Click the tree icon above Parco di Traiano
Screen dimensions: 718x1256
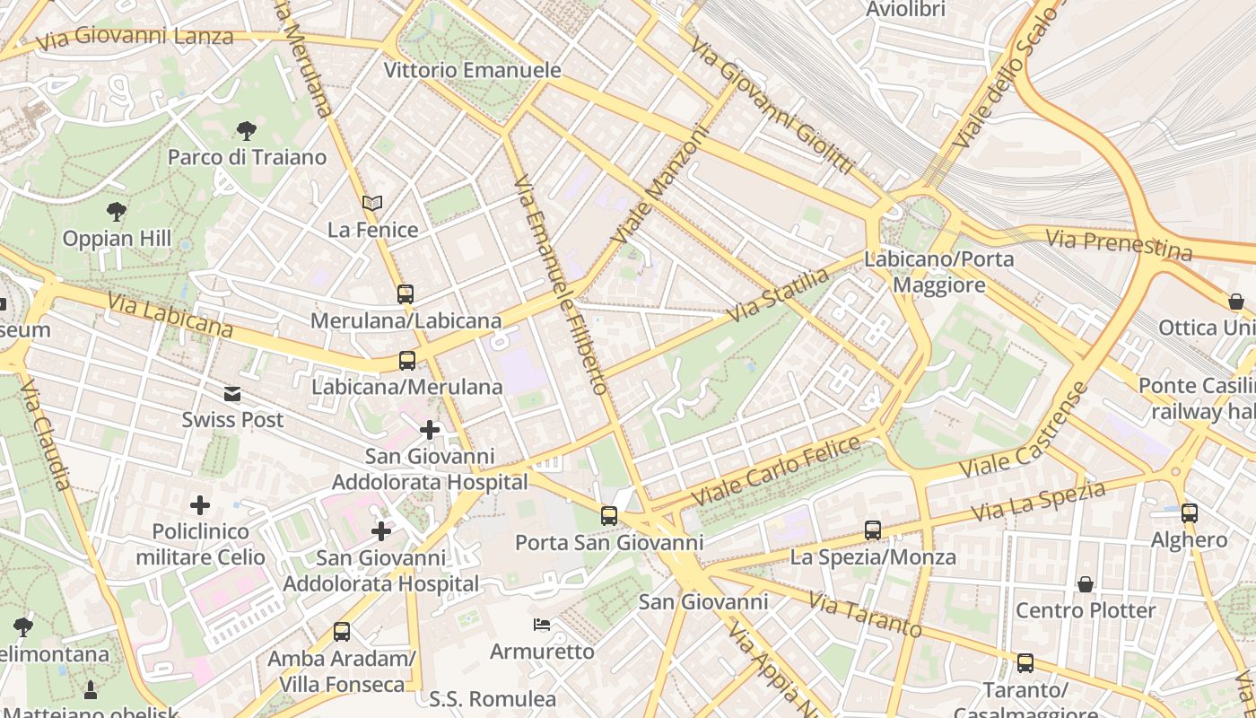(x=247, y=131)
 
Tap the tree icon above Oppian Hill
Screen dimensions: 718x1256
(x=116, y=212)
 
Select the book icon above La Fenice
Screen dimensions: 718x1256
(x=372, y=204)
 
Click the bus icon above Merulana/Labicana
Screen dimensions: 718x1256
(x=406, y=293)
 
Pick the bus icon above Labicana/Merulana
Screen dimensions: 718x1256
(x=407, y=361)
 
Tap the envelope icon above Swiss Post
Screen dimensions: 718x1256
(x=232, y=393)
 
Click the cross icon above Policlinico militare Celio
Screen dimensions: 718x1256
(x=200, y=505)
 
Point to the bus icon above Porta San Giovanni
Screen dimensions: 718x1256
(x=609, y=515)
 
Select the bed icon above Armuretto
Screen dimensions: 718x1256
(x=542, y=625)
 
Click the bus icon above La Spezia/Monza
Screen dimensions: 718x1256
(x=873, y=530)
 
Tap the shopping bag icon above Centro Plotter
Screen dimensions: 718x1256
(x=1086, y=584)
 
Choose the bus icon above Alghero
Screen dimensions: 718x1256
(x=1190, y=513)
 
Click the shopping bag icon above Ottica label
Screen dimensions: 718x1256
(x=1236, y=302)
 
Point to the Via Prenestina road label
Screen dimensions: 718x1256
(x=1119, y=243)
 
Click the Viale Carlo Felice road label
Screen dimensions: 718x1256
(x=775, y=470)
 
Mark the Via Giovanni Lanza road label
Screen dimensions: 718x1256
(x=135, y=37)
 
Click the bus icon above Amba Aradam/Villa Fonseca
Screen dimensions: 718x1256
(x=342, y=632)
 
